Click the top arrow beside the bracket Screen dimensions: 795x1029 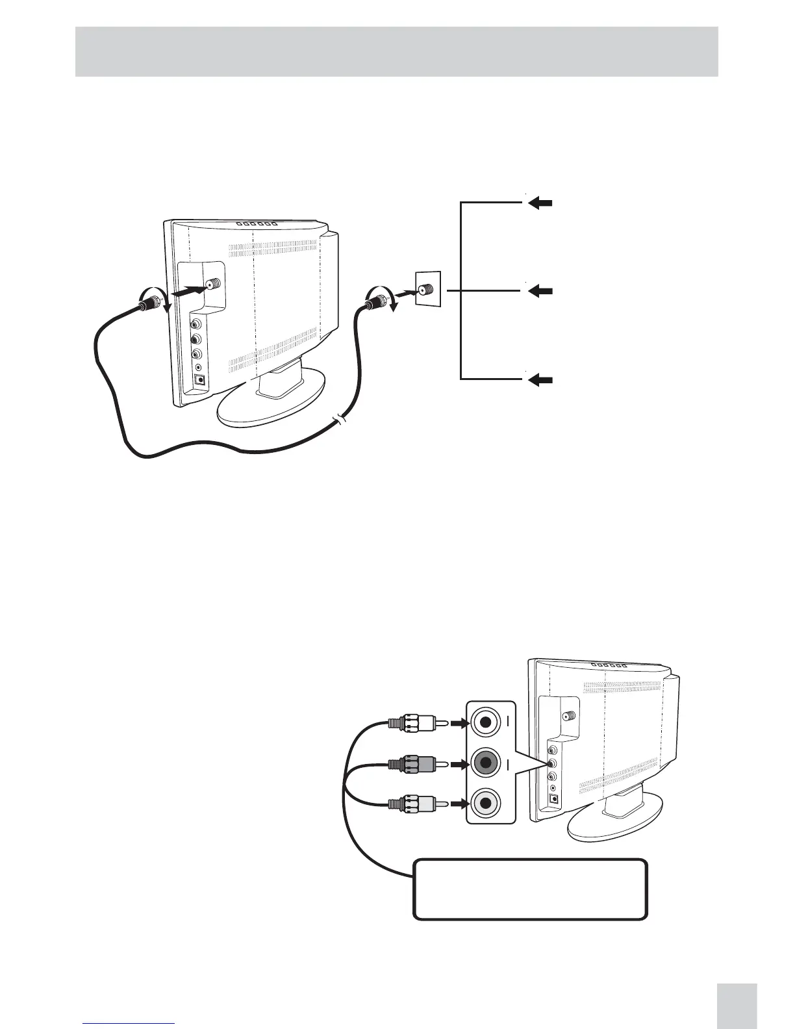point(540,203)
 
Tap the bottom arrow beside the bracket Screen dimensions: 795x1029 point(540,380)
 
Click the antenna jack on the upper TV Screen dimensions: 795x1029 point(212,285)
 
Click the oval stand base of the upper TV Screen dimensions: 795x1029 point(273,407)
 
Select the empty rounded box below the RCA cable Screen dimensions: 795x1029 point(530,889)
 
